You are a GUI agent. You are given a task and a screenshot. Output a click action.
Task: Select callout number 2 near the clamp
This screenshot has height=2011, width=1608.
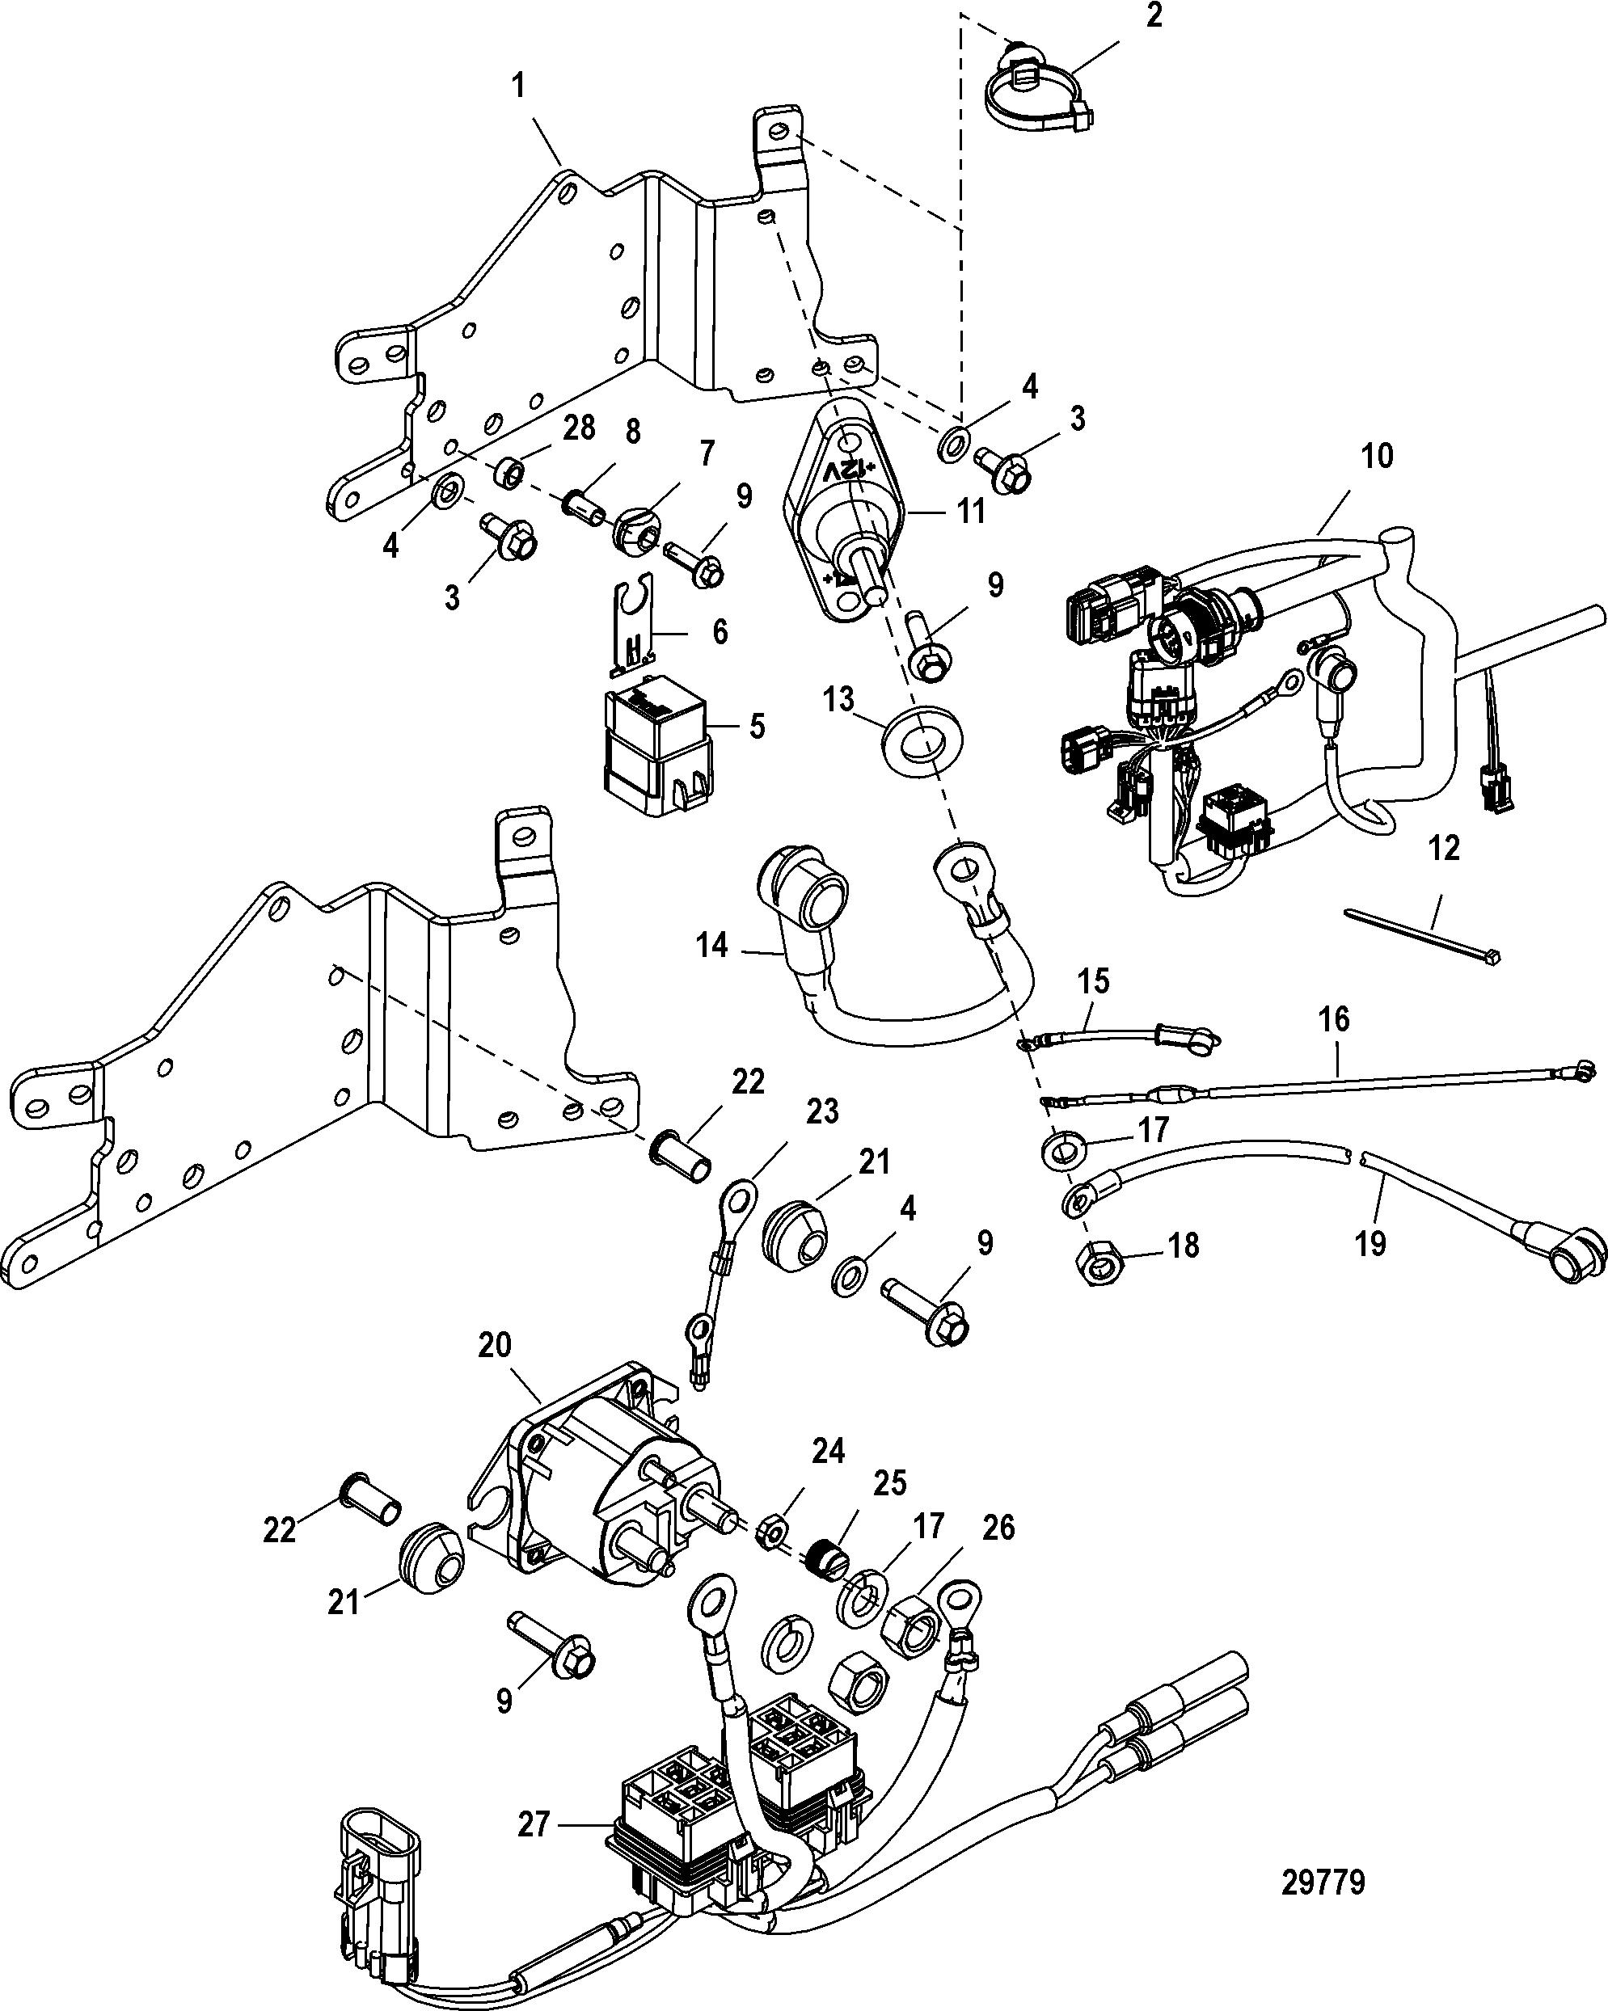1154,16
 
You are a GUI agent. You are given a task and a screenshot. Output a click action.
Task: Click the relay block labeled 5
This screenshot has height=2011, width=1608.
657,752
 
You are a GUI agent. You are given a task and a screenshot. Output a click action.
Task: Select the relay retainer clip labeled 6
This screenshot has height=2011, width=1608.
635,631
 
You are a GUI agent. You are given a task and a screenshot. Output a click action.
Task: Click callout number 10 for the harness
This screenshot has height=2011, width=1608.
1378,456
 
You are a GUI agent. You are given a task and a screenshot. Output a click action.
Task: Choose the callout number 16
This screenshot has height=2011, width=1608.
1334,1018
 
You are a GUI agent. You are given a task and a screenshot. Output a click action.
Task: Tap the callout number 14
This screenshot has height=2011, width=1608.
711,945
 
